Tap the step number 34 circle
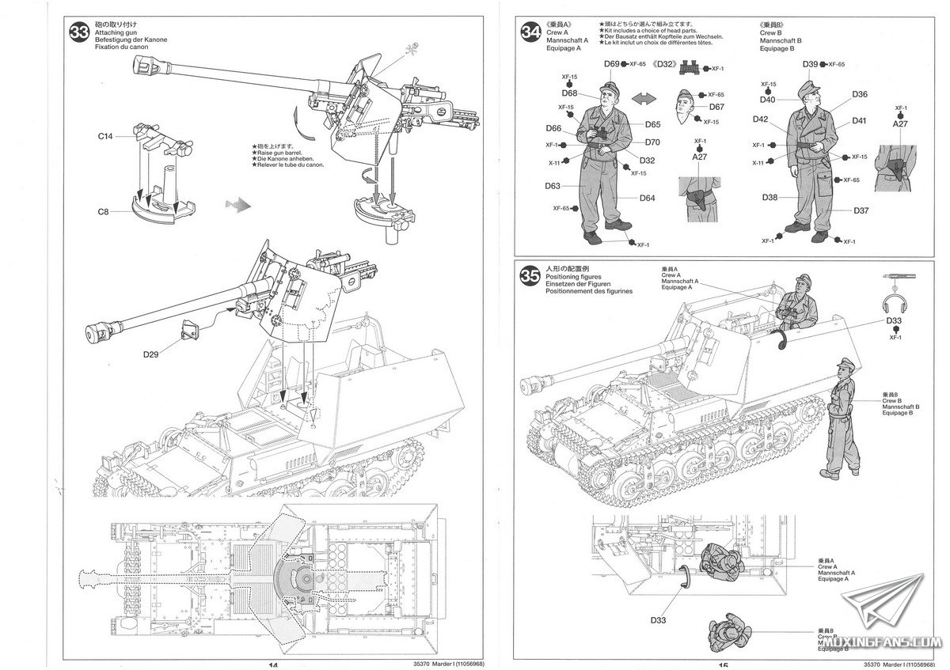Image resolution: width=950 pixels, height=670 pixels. click(x=531, y=32)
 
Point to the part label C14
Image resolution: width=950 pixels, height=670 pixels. click(x=105, y=137)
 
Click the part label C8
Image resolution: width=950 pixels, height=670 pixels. click(x=104, y=211)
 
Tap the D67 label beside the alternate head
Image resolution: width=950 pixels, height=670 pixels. click(x=716, y=107)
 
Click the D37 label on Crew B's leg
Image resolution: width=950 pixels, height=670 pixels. click(x=861, y=210)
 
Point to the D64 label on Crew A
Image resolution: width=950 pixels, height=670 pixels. click(x=648, y=198)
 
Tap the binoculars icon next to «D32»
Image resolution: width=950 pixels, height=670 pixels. click(x=692, y=68)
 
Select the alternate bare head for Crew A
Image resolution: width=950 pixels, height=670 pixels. click(x=688, y=104)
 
